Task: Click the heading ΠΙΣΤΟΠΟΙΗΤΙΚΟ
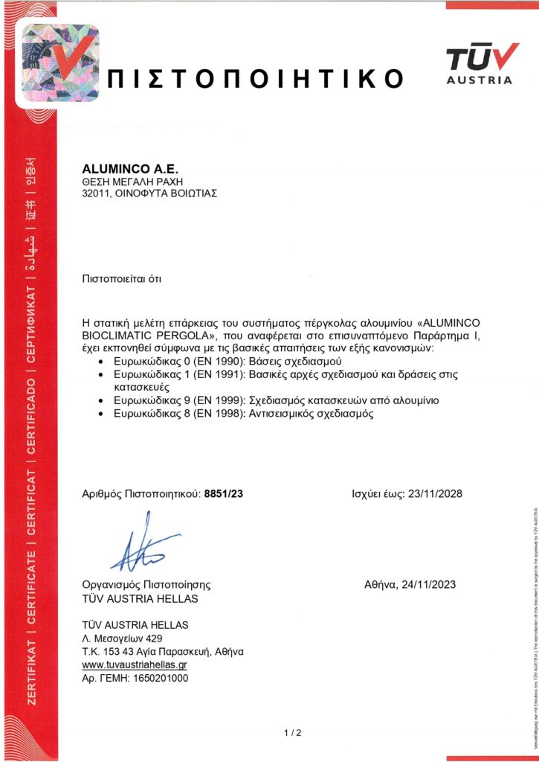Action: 256,79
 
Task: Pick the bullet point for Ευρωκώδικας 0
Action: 101,361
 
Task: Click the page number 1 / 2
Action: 293,734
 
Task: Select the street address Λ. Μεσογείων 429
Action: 122,638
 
